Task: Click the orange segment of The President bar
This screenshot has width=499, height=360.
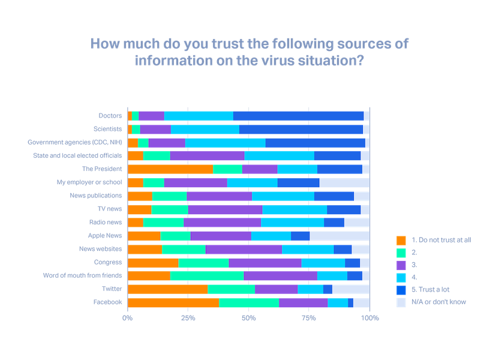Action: coord(170,169)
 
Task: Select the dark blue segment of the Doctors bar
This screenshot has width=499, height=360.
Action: coord(298,115)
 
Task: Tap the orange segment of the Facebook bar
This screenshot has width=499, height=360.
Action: coord(173,302)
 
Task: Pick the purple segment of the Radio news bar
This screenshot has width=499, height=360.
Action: coord(222,222)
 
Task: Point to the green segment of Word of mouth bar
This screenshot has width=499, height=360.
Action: coord(207,275)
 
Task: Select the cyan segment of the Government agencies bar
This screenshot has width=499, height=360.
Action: coord(226,142)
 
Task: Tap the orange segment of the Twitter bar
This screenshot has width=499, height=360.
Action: coord(167,289)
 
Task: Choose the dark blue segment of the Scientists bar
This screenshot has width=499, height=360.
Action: coord(300,128)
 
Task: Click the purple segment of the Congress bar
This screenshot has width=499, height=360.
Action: coord(265,262)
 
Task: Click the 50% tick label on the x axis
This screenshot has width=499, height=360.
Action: coord(248,317)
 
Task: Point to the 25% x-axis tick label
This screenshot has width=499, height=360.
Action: coord(188,317)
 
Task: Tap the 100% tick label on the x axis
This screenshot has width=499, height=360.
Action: coord(370,317)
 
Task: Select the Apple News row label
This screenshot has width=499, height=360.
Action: coord(105,236)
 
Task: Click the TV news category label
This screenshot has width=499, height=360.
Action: coord(110,209)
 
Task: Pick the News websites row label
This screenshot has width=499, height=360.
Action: coord(101,249)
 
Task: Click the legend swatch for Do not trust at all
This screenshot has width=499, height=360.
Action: coord(401,240)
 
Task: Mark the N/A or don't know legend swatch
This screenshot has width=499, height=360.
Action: coord(401,302)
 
